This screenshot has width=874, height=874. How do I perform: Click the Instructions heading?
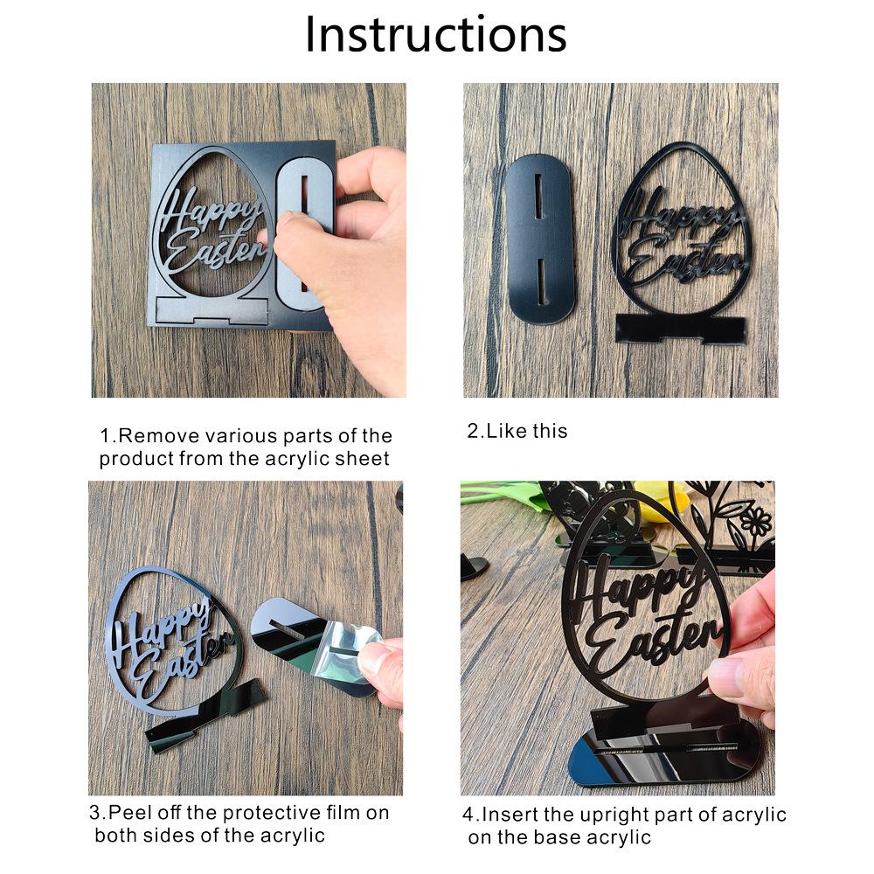coord(436,35)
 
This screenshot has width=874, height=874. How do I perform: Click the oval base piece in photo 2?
coord(539,239)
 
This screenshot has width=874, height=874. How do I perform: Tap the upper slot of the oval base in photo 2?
coord(538,196)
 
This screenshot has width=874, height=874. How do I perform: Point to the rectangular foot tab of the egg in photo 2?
coord(680,328)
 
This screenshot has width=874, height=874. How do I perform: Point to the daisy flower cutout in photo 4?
coord(758,524)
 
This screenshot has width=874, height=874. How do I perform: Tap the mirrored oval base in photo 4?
coord(663,755)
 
